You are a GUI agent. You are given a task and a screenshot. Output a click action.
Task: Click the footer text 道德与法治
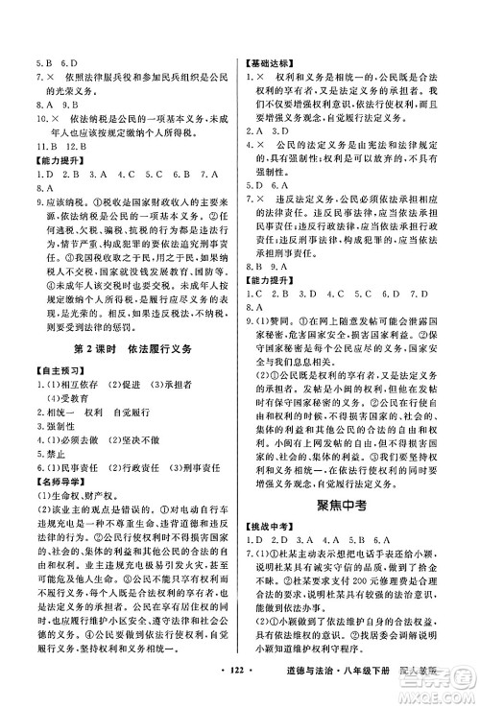tap(335, 690)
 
